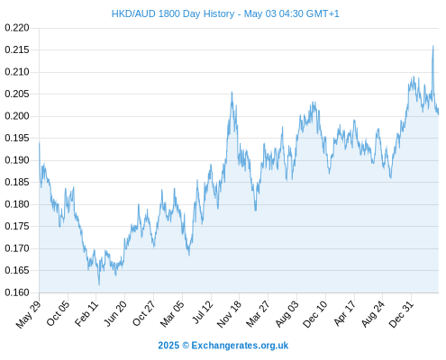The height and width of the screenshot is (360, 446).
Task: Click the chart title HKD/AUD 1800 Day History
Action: [173, 13]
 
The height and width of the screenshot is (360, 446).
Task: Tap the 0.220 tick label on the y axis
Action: [17, 28]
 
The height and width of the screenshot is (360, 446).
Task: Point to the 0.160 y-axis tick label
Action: [17, 292]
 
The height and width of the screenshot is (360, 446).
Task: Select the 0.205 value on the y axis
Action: [17, 94]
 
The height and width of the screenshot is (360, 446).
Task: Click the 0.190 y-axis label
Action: [17, 160]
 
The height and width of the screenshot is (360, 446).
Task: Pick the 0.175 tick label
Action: [17, 226]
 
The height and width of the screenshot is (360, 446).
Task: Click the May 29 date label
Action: [28, 314]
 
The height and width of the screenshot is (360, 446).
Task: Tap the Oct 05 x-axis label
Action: [58, 313]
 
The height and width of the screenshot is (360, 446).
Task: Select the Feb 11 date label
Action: [86, 313]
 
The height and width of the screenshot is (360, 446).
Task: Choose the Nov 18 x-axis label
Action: [229, 314]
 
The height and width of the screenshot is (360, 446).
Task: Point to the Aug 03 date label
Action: [287, 314]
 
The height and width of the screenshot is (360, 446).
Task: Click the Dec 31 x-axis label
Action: [401, 314]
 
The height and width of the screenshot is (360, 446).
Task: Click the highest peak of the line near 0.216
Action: [432, 46]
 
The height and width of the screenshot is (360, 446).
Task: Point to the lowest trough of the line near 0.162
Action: [99, 284]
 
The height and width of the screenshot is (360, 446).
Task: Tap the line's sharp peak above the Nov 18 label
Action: [232, 92]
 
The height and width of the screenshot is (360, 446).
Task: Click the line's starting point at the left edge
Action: [40, 143]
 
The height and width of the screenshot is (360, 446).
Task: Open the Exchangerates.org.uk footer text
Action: [240, 346]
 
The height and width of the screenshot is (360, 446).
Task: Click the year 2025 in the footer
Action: [168, 346]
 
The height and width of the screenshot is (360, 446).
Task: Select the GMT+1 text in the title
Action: [323, 13]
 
